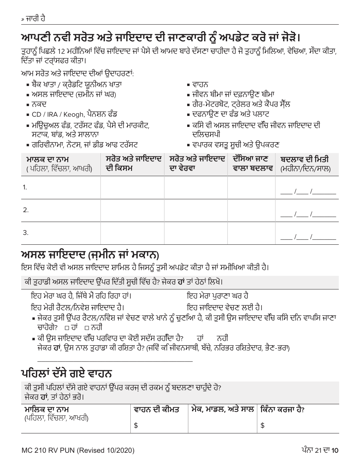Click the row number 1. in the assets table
tap(25, 187)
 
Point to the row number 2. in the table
tap(26, 210)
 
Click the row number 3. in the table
tap(26, 233)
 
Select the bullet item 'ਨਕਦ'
tap(36, 104)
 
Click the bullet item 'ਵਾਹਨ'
tap(200, 84)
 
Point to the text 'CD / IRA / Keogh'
tap(55, 114)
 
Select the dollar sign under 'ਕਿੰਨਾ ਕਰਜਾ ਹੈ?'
tap(262, 426)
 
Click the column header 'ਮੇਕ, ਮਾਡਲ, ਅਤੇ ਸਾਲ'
tap(222, 410)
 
